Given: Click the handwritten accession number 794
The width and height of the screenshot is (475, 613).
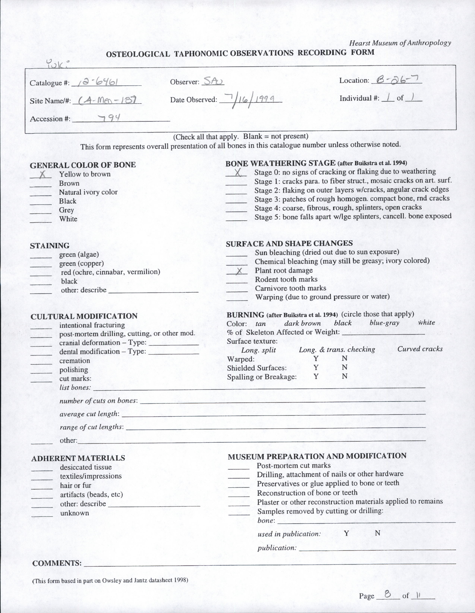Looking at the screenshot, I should pos(110,118).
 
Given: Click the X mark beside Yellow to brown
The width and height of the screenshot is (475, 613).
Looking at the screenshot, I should pos(43,175).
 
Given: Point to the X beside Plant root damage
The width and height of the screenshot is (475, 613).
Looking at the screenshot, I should pos(239,271).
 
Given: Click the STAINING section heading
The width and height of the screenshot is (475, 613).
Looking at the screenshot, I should pos(49,246).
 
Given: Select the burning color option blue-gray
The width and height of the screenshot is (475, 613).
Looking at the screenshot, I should pos(384,323).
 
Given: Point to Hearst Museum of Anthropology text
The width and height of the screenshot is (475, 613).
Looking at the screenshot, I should pos(400,43).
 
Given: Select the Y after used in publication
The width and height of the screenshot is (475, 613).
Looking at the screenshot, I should pos(346,533).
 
